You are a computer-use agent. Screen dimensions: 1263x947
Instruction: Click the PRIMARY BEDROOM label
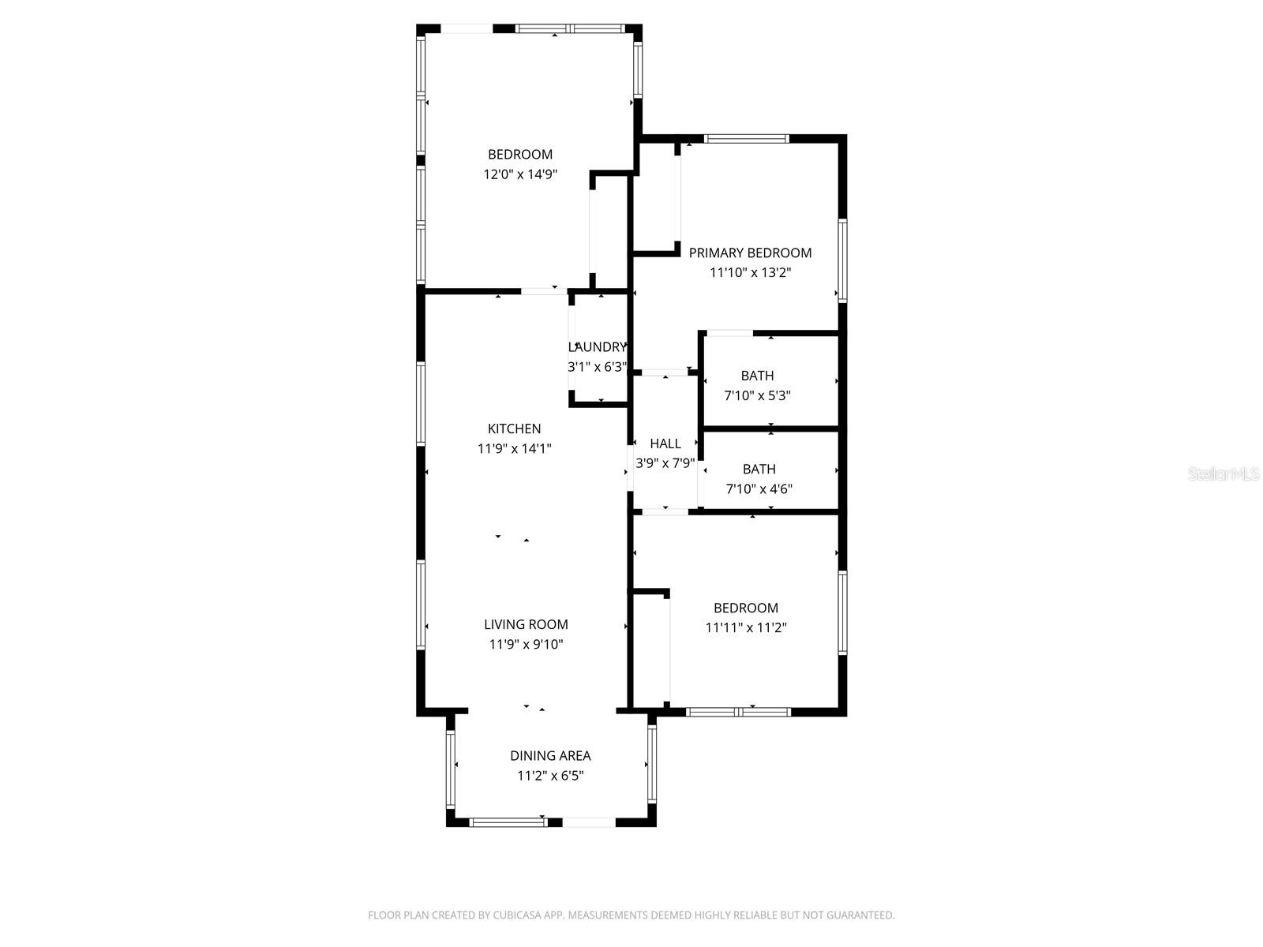(x=750, y=253)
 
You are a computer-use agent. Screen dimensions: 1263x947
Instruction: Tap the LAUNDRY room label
(x=597, y=346)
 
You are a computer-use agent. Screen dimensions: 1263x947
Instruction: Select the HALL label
(x=665, y=444)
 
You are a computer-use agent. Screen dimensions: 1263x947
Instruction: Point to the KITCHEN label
(x=514, y=429)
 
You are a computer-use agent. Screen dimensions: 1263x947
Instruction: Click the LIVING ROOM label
(x=526, y=624)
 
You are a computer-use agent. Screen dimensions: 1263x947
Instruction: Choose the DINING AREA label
(x=550, y=755)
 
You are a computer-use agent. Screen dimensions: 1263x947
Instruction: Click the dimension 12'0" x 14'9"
(x=520, y=174)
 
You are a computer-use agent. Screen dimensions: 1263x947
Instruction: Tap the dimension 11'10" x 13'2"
(x=750, y=272)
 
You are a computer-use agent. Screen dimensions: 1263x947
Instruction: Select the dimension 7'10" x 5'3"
(x=757, y=395)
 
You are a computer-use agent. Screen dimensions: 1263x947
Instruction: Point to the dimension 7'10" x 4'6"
(x=759, y=488)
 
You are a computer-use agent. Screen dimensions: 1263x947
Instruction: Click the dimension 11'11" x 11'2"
(x=746, y=627)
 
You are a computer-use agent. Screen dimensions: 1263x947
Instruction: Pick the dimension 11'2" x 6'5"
(x=550, y=776)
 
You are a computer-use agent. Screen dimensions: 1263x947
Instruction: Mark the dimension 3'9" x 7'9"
(x=665, y=463)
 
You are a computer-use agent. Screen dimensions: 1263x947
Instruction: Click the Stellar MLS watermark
(x=1224, y=473)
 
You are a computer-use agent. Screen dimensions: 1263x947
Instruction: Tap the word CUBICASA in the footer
(x=517, y=915)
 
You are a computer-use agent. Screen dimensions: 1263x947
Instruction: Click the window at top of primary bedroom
(x=746, y=138)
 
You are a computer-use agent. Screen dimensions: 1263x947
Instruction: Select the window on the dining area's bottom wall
(x=508, y=822)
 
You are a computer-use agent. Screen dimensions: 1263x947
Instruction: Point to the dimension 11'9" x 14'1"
(x=514, y=448)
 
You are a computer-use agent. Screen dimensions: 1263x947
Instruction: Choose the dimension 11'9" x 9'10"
(x=526, y=644)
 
